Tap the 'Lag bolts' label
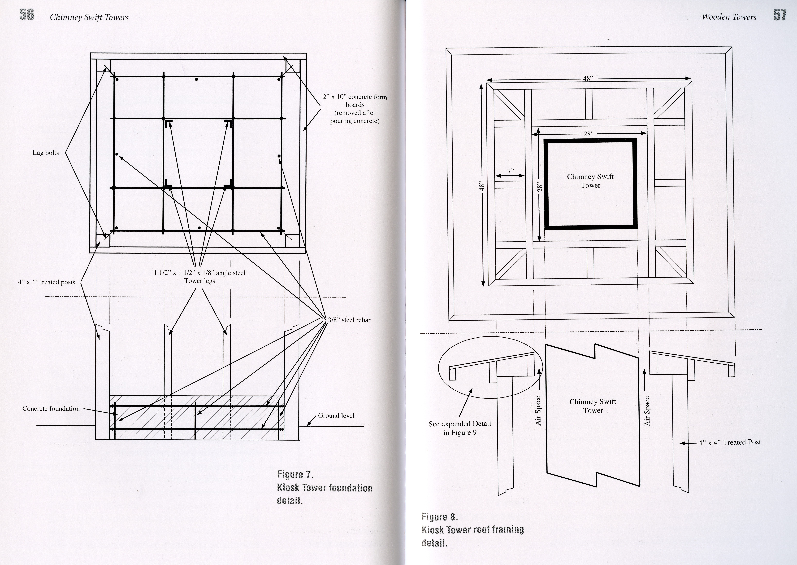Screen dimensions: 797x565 (x=46, y=153)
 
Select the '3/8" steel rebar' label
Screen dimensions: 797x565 (x=349, y=320)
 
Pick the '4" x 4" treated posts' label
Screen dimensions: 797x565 (x=47, y=282)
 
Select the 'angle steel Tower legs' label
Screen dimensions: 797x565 (x=200, y=277)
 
